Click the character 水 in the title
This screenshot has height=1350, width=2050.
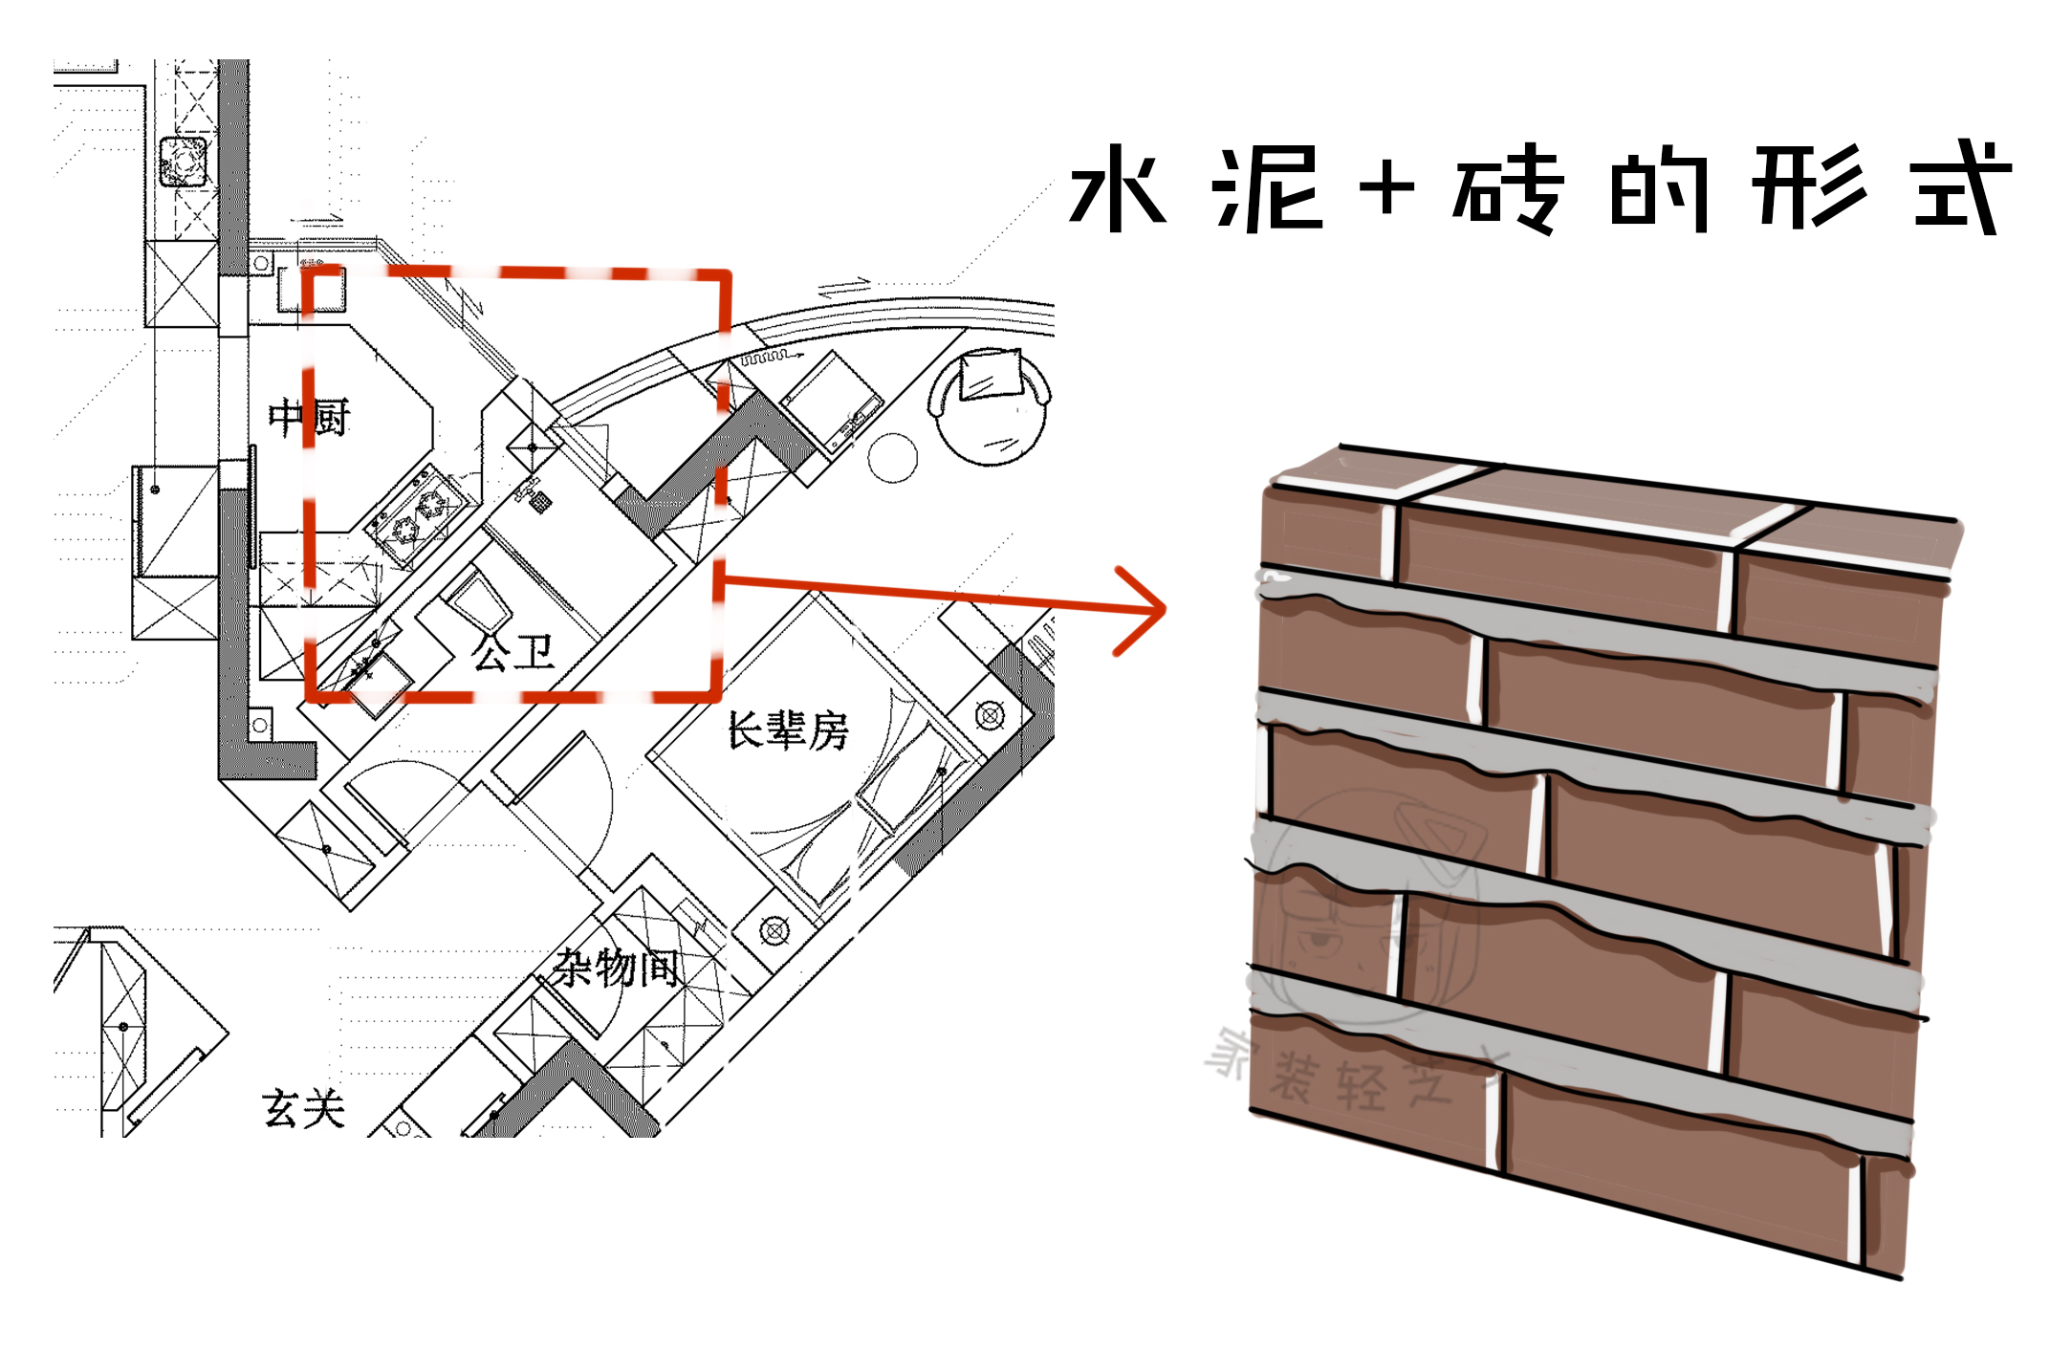(1117, 189)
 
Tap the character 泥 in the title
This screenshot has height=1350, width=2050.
(1267, 189)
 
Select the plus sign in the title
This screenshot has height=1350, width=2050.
(1386, 187)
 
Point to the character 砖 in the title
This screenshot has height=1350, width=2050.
(1509, 189)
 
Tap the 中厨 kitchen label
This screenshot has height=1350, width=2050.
(309, 418)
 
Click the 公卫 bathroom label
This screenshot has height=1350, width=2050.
(512, 652)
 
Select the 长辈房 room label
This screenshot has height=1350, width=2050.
(788, 730)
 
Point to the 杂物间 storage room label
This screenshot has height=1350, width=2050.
(618, 968)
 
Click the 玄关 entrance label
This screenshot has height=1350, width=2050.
(303, 1109)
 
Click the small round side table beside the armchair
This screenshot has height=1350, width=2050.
(892, 458)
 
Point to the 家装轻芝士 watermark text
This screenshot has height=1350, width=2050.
(1358, 1076)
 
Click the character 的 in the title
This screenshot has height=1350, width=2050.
(1659, 189)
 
